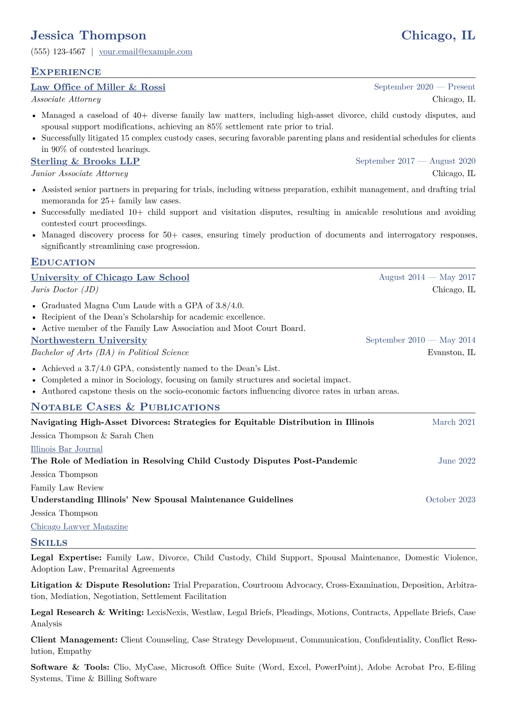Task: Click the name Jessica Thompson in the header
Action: (x=88, y=35)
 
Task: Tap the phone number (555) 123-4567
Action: (x=58, y=52)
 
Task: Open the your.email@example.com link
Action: (x=145, y=52)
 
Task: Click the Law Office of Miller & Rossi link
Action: (x=98, y=87)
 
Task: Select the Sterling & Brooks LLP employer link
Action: (x=85, y=161)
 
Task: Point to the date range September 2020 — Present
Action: (x=424, y=87)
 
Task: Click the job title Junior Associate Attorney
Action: (x=80, y=174)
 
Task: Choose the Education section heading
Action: (x=63, y=262)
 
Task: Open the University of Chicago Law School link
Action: (x=110, y=277)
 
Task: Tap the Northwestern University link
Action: (x=89, y=340)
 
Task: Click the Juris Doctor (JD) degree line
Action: (x=65, y=290)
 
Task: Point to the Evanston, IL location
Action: (x=451, y=353)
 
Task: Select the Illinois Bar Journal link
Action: (x=67, y=449)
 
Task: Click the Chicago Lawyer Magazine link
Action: (x=80, y=527)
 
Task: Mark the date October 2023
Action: (x=450, y=500)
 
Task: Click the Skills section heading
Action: (x=49, y=542)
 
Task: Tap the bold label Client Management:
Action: (x=74, y=640)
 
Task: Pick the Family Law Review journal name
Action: (x=67, y=488)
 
